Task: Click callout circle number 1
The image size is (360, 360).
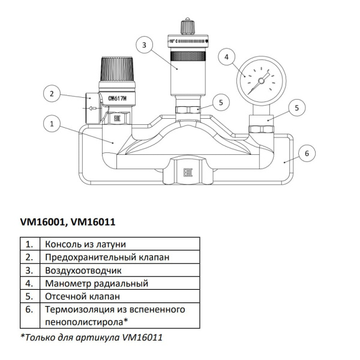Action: pos(52,124)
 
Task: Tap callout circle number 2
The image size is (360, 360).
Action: pos(52,94)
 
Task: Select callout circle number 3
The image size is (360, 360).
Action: pos(143,44)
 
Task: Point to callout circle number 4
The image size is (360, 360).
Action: pos(226,58)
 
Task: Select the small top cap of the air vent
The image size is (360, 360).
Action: pos(185,26)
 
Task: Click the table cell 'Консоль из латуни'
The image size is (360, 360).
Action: pos(84,245)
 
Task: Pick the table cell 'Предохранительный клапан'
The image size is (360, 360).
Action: pos(102,257)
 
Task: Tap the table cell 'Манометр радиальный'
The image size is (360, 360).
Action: pos(96,283)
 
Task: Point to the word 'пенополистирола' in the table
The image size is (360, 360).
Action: pos(81,322)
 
